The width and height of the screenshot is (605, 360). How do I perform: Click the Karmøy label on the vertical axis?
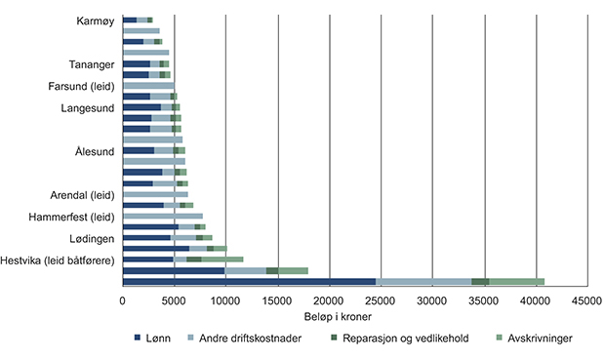pos(95,20)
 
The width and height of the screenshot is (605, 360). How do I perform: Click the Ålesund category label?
pos(95,151)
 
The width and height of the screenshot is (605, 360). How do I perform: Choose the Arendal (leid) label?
pos(82,194)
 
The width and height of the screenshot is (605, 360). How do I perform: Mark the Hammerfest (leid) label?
pos(73,217)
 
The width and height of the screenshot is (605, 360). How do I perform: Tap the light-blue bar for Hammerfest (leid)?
pos(163,216)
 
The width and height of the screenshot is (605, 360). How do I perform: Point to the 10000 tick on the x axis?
pos(225,301)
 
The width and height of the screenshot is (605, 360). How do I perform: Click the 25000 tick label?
pos(381,301)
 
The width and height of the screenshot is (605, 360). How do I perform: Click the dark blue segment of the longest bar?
pos(249,281)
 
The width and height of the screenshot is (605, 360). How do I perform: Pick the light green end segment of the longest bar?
pos(516,281)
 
